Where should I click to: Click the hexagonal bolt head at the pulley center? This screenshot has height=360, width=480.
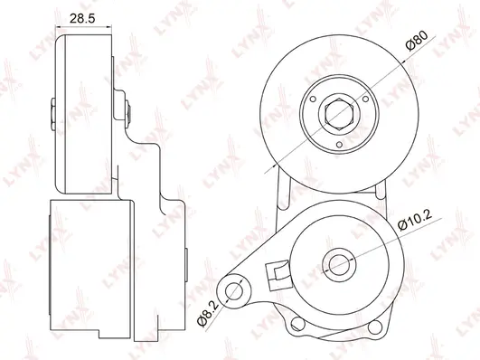pyautogui.click(x=339, y=112)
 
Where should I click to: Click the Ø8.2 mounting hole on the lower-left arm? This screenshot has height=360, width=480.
pyautogui.click(x=233, y=291)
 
